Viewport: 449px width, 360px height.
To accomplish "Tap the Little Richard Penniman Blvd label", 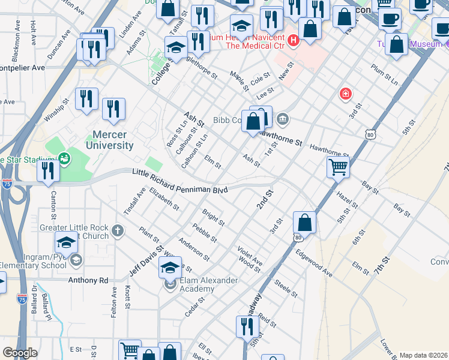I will tap(179, 182).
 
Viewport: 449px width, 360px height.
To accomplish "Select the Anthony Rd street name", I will tap(88, 280).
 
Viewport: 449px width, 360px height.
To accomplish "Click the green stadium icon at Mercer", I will tap(64, 159).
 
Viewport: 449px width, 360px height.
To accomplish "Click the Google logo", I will tap(20, 353).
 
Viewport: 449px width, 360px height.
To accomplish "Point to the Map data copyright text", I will tap(423, 355).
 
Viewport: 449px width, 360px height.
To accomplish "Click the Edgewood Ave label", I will tap(314, 263).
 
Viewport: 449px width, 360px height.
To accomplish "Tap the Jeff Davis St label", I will tap(146, 260).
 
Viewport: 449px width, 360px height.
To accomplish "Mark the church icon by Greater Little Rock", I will tap(118, 230).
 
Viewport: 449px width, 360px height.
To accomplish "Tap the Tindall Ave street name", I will tap(134, 201).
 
